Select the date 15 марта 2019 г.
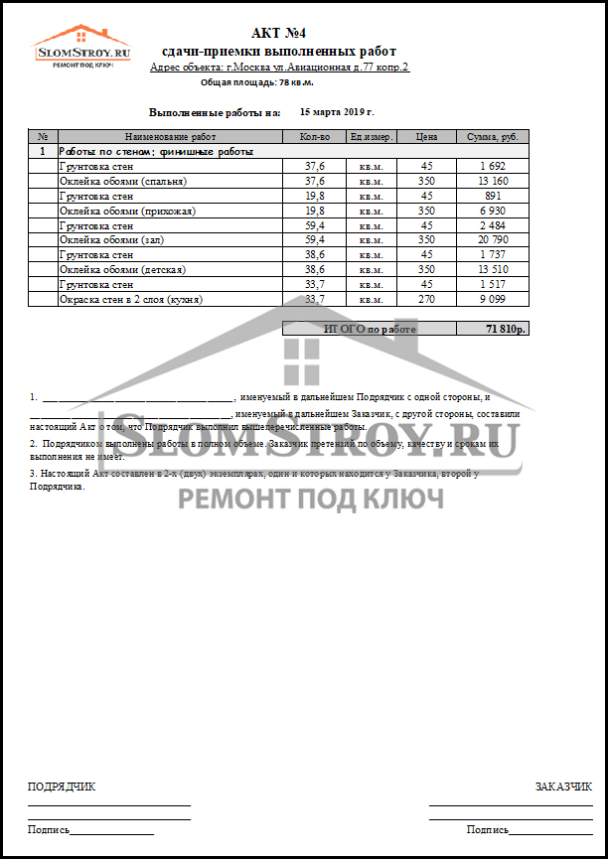click(x=337, y=113)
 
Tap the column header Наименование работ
click(x=170, y=137)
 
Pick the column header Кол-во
click(x=314, y=137)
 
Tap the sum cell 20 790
click(x=492, y=240)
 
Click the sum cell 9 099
click(x=492, y=299)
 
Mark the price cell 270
click(x=426, y=299)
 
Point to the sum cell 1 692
click(x=492, y=167)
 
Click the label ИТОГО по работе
click(x=371, y=329)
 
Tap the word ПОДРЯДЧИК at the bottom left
click(x=62, y=787)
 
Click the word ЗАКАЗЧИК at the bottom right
click(x=563, y=787)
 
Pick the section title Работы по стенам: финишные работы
click(x=156, y=152)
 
